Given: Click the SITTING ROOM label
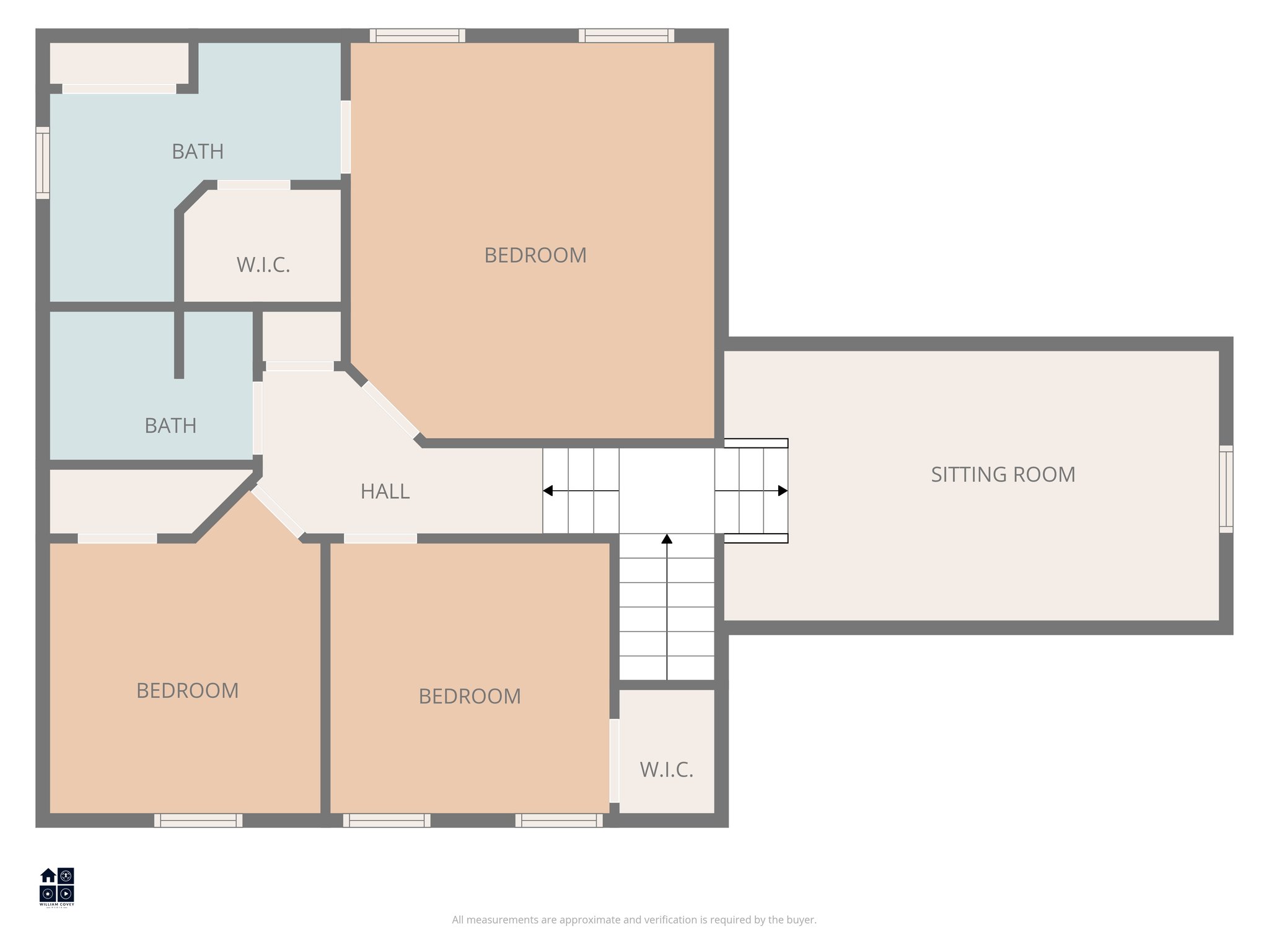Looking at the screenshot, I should pyautogui.click(x=1003, y=475).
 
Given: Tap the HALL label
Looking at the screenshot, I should pyautogui.click(x=385, y=491).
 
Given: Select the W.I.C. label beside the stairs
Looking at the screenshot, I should pyautogui.click(x=666, y=770).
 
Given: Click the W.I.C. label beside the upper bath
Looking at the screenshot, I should pyautogui.click(x=263, y=265).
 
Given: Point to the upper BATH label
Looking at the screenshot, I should pyautogui.click(x=197, y=152).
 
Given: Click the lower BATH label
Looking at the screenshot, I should pyautogui.click(x=170, y=426).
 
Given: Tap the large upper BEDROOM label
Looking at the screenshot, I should pyautogui.click(x=535, y=255).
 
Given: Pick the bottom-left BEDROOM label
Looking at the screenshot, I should pyautogui.click(x=187, y=690).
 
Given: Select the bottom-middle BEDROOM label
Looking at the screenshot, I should pyautogui.click(x=470, y=697).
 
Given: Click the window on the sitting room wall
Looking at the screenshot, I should pyautogui.click(x=1226, y=489).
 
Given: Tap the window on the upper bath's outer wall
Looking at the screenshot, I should pyautogui.click(x=42, y=163).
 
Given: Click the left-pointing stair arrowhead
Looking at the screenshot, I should pyautogui.click(x=548, y=491).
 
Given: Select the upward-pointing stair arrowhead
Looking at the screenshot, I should pyautogui.click(x=667, y=539).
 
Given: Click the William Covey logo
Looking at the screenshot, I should pyautogui.click(x=57, y=886).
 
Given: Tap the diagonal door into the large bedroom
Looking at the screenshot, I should pyautogui.click(x=390, y=409).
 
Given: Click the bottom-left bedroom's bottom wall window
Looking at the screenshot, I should pyautogui.click(x=198, y=820).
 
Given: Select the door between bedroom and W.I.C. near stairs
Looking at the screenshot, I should pyautogui.click(x=614, y=760).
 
